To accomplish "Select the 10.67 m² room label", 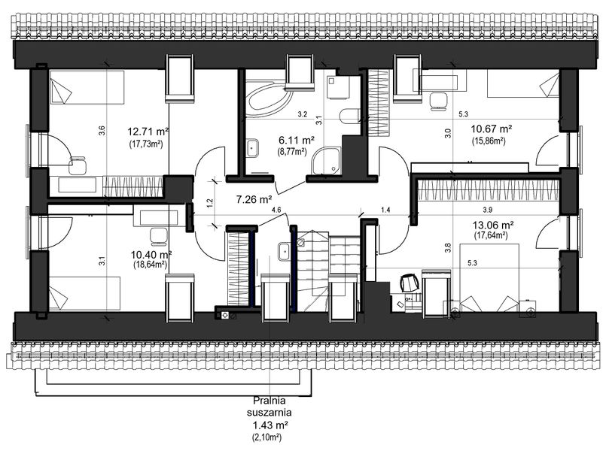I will (x=492, y=129).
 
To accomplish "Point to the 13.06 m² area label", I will (x=493, y=225).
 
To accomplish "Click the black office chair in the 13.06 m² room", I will (x=409, y=283).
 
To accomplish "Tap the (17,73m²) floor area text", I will (x=148, y=143).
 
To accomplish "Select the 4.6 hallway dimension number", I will (x=276, y=210).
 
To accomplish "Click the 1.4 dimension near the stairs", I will (x=387, y=210).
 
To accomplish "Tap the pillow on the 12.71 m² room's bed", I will (x=60, y=92).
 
